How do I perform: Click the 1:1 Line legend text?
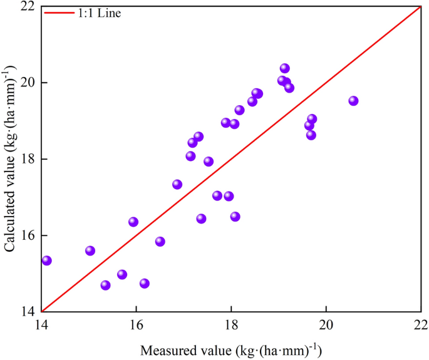[x=98, y=13]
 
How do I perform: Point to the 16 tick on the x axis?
[x=136, y=326]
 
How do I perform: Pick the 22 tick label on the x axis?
[x=420, y=326]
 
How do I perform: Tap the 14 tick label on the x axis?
[x=41, y=326]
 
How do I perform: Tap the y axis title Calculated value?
[x=11, y=159]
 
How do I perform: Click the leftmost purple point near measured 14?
[x=46, y=260]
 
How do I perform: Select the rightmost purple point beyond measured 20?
[x=353, y=101]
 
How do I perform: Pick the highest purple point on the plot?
[x=285, y=68]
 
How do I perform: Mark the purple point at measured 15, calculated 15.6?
[x=90, y=250]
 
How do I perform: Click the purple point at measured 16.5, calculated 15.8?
[x=160, y=242]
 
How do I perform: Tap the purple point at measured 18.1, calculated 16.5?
[x=235, y=217]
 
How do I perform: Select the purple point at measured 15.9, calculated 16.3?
[x=133, y=222]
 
